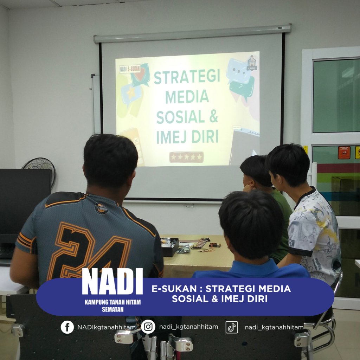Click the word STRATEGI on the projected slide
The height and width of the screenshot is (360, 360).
(x=187, y=76)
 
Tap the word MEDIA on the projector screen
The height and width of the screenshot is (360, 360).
(x=187, y=97)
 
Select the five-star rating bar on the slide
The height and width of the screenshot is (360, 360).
(x=186, y=157)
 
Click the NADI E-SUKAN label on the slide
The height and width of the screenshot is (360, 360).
(x=130, y=69)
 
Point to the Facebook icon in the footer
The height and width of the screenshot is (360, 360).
(x=67, y=327)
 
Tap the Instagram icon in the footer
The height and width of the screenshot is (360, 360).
(x=148, y=327)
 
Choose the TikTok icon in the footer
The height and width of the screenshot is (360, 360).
(x=232, y=327)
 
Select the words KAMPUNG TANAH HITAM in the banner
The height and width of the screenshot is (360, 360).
(x=113, y=302)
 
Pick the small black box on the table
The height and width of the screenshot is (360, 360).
(x=170, y=247)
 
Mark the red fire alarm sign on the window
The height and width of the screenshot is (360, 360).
(x=344, y=153)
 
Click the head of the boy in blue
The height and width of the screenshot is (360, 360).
(x=251, y=224)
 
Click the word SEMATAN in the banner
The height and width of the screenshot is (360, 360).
(x=113, y=309)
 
